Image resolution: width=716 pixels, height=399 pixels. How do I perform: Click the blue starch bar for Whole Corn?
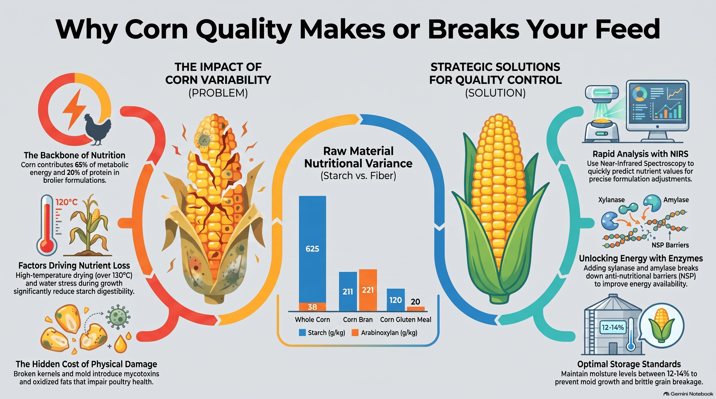point(312,249)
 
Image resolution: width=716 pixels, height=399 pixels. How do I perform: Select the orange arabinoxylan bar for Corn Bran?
point(368,290)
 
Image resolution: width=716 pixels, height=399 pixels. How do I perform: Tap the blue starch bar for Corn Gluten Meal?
point(395,300)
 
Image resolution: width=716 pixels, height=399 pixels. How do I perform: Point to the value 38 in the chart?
point(312,307)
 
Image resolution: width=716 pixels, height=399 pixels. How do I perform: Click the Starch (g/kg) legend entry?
point(322,333)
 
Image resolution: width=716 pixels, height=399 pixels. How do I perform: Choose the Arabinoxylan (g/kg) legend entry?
point(384,333)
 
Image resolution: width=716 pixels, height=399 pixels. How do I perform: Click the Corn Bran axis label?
point(358,319)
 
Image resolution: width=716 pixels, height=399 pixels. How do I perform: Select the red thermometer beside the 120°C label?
point(47,225)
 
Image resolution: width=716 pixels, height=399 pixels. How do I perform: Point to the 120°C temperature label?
point(67,202)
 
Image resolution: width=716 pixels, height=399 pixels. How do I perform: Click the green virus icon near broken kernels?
point(118,316)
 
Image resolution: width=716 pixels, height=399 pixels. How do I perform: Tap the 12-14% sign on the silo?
point(613,327)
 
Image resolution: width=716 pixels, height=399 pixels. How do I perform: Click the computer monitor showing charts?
point(657,110)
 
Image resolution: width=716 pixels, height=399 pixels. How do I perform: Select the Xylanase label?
point(611,200)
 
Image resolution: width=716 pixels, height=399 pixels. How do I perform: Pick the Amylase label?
point(676,200)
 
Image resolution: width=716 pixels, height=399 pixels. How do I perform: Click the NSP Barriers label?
point(670,245)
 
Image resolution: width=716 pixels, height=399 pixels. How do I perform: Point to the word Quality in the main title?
point(244,29)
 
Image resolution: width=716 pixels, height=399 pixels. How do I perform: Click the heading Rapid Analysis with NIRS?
point(640,154)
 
